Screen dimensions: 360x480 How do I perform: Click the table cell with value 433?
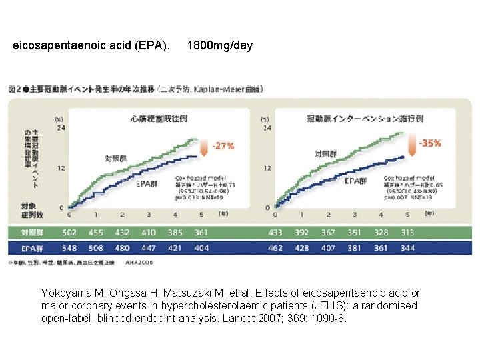click(x=275, y=233)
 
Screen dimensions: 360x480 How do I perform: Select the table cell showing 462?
click(x=275, y=248)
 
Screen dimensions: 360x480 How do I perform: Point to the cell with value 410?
click(x=149, y=233)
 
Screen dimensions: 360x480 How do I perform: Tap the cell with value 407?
click(x=328, y=248)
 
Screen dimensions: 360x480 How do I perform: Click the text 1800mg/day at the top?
click(x=220, y=46)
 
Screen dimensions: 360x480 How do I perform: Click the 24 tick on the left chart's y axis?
click(x=61, y=127)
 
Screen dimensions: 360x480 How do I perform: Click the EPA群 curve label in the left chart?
click(x=147, y=183)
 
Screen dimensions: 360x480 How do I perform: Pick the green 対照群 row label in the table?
click(x=33, y=233)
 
